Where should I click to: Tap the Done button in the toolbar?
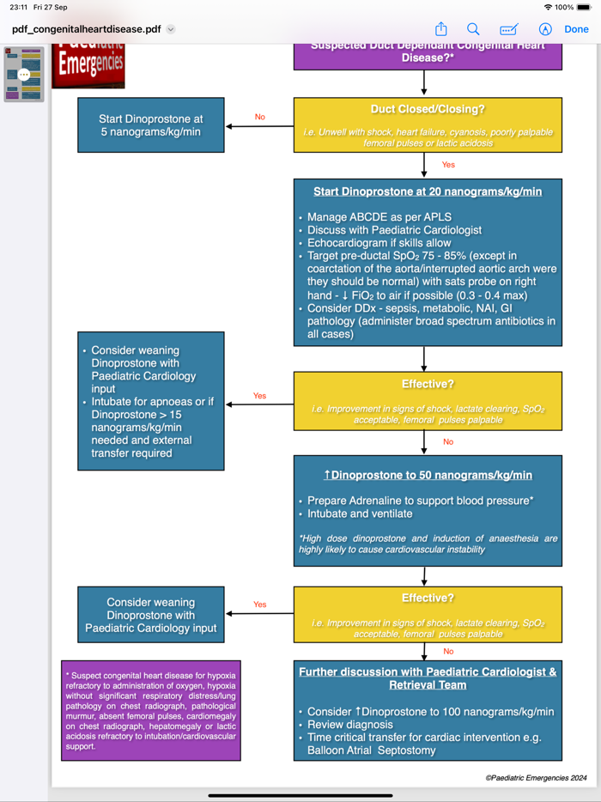click(576, 29)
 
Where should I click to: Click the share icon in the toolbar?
click(440, 29)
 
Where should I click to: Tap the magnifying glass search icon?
click(473, 29)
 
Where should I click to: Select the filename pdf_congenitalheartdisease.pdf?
click(87, 29)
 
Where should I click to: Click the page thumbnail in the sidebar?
click(24, 75)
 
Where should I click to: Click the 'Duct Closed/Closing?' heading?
click(428, 109)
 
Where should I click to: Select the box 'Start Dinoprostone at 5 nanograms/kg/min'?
click(150, 125)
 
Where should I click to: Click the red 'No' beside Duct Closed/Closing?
click(259, 117)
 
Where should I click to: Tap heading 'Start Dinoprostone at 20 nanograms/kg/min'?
click(427, 191)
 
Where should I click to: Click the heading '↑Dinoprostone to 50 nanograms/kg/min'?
click(427, 475)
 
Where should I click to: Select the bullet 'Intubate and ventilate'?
click(360, 513)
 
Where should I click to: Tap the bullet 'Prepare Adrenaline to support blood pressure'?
click(420, 501)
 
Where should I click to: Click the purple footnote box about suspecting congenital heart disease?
click(151, 710)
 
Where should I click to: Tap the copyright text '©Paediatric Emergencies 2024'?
click(536, 778)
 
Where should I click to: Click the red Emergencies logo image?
click(88, 64)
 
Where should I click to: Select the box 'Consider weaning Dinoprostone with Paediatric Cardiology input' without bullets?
click(150, 616)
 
